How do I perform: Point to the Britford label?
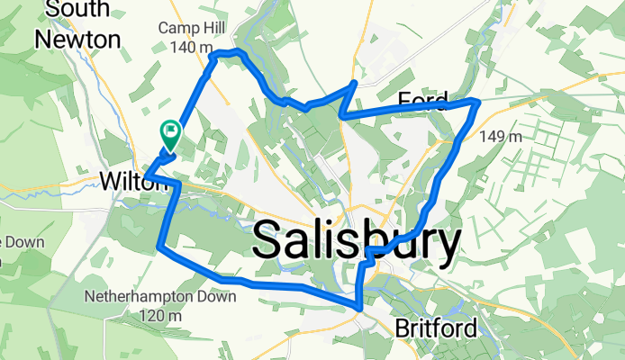click(x=437, y=328)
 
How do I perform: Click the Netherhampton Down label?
click(x=160, y=296)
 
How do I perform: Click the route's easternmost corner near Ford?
click(x=477, y=103)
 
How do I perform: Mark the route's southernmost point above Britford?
click(x=360, y=308)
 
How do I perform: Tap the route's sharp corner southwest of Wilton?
click(x=159, y=245)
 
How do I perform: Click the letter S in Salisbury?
click(x=270, y=242)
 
